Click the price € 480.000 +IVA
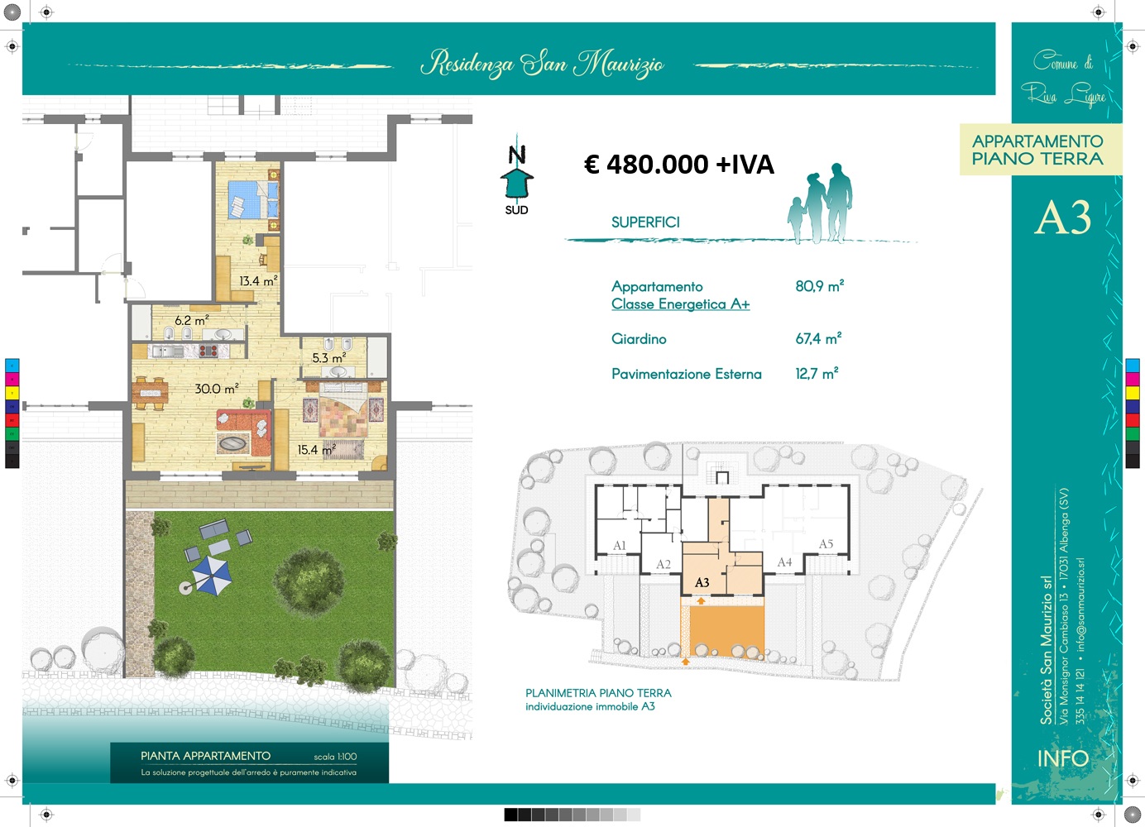(x=679, y=164)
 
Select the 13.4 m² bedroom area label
(x=259, y=280)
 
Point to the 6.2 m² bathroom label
(x=192, y=321)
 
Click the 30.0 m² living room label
(x=217, y=389)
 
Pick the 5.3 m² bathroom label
(x=329, y=358)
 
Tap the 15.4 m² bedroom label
(x=317, y=450)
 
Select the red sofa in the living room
(x=244, y=433)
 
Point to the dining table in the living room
(x=150, y=393)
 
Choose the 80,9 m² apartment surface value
(x=819, y=286)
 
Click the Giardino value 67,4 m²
(x=818, y=338)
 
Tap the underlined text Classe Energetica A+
(x=680, y=304)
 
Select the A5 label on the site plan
(x=826, y=544)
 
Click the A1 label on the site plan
(x=620, y=546)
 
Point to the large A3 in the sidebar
(x=1063, y=218)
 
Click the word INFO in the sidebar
(x=1063, y=758)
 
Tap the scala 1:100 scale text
(x=335, y=757)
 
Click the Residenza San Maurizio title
(x=542, y=64)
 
